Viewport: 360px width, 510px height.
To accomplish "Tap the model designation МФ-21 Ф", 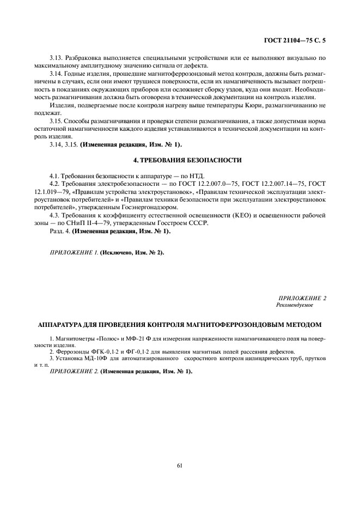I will pyautogui.click(x=131, y=339).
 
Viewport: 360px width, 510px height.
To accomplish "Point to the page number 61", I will pyautogui.click(x=180, y=465).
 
